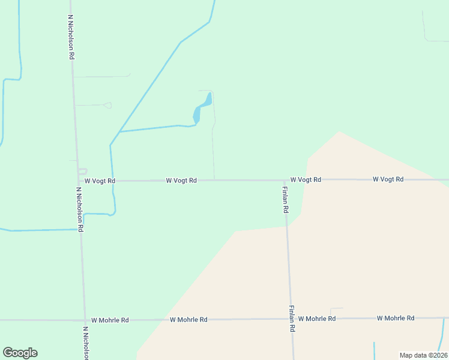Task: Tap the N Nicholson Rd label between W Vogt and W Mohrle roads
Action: pyautogui.click(x=79, y=209)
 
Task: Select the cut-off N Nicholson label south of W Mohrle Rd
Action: pyautogui.click(x=86, y=343)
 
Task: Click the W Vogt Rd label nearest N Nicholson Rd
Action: pyautogui.click(x=100, y=181)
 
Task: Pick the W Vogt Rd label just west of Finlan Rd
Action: pyautogui.click(x=181, y=180)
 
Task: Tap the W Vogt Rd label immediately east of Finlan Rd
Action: pyautogui.click(x=306, y=179)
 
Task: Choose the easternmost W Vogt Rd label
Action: pyautogui.click(x=388, y=179)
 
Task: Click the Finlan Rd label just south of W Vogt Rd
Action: pyautogui.click(x=286, y=200)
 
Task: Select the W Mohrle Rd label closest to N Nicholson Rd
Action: pyautogui.click(x=107, y=320)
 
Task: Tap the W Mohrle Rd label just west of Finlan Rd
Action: pyautogui.click(x=188, y=320)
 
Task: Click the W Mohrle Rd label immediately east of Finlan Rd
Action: pyautogui.click(x=317, y=319)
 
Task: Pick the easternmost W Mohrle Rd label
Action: pyautogui.click(x=396, y=318)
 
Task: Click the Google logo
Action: pyautogui.click(x=20, y=353)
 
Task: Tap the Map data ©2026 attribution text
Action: pyautogui.click(x=423, y=355)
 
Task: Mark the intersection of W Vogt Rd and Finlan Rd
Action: pyautogui.click(x=285, y=179)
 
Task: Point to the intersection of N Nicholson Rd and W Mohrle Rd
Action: pyautogui.click(x=84, y=320)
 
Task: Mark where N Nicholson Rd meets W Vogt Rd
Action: pyautogui.click(x=78, y=180)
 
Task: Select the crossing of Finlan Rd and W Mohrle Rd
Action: pyautogui.click(x=291, y=319)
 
